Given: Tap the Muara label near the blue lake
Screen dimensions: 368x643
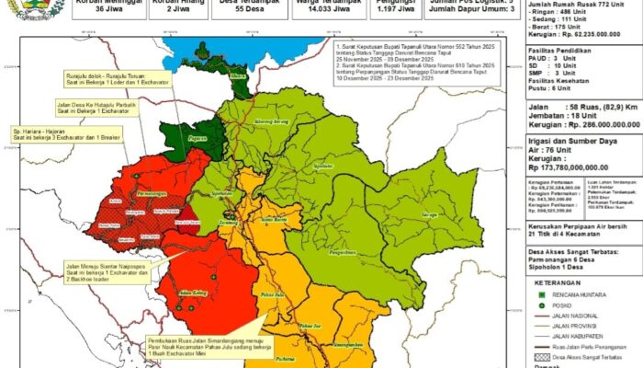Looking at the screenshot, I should [238, 76].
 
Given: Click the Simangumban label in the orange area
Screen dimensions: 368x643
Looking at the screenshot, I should [349, 342].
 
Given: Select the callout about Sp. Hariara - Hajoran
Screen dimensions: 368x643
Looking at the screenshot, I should [56, 133].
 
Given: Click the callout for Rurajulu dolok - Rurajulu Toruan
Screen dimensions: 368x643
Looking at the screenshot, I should [108, 81].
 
